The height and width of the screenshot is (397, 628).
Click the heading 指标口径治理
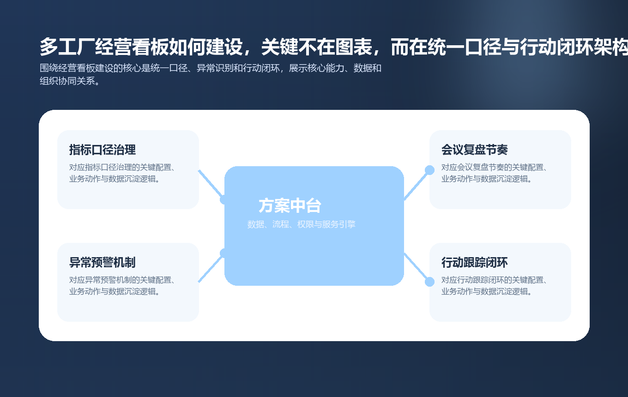(102, 150)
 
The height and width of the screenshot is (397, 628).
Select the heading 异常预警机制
(102, 263)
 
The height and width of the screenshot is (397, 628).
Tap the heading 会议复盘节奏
(474, 150)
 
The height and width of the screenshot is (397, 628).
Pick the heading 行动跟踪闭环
(474, 263)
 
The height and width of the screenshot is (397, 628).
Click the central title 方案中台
(290, 206)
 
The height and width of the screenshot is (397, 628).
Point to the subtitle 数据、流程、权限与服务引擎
(301, 225)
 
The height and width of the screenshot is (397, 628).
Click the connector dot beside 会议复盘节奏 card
(429, 170)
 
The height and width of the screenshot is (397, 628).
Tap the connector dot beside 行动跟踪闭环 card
(429, 282)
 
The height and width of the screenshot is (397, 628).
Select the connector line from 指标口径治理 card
(210, 184)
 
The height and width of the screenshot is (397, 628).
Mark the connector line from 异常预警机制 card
(211, 268)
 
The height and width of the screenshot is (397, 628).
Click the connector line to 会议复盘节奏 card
(417, 185)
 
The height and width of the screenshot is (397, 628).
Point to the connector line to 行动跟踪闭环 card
(417, 267)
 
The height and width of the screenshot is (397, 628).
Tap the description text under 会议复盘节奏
(494, 173)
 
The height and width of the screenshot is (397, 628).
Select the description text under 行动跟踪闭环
(494, 286)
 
